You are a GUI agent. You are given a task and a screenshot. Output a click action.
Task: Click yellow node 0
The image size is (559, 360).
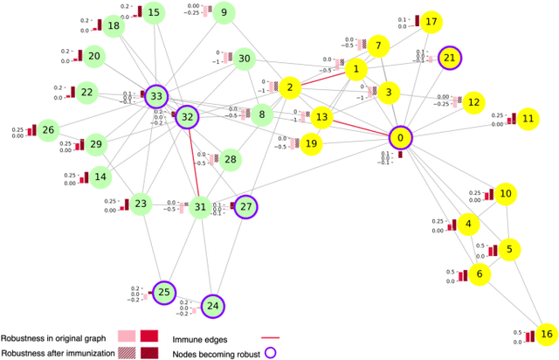(400, 137)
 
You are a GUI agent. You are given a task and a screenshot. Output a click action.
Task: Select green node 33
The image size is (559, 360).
(156, 95)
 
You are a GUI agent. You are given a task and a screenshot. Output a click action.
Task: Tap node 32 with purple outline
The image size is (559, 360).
(186, 116)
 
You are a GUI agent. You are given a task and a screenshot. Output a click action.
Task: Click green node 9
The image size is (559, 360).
(224, 12)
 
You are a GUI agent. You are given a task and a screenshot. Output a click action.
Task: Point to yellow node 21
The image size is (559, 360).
(450, 58)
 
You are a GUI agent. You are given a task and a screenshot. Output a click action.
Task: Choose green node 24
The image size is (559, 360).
(212, 306)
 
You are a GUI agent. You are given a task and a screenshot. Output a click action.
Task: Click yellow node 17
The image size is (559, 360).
(431, 21)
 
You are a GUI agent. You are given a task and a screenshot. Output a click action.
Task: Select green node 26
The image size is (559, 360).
(48, 130)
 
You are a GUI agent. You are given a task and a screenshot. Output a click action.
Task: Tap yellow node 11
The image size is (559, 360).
(528, 118)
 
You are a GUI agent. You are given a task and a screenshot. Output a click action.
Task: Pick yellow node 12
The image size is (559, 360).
(473, 102)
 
